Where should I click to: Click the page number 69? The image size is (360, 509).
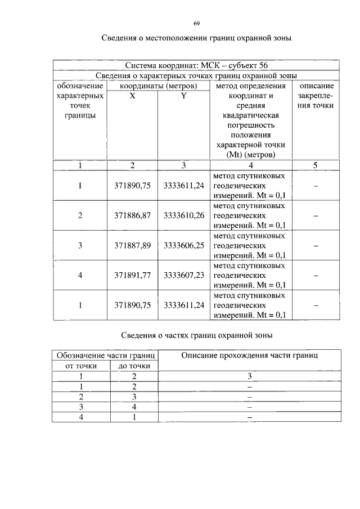197,23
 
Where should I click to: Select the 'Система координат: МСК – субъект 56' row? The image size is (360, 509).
196,65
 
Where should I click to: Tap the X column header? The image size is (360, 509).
132,96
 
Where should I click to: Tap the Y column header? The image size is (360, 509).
183,96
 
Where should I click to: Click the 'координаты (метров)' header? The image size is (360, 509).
157,86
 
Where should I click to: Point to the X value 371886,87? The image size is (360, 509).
133,215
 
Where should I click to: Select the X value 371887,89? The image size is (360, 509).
133,245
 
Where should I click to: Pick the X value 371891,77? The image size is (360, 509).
133,276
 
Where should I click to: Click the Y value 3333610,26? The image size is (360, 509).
184,215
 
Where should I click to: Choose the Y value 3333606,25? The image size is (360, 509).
184,245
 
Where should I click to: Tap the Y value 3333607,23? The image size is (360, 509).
184,276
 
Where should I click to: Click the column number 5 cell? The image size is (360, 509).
316,165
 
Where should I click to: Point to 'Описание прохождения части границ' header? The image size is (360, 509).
249,355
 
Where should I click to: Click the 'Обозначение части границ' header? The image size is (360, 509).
105,355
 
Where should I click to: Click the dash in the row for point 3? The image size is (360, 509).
316,246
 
